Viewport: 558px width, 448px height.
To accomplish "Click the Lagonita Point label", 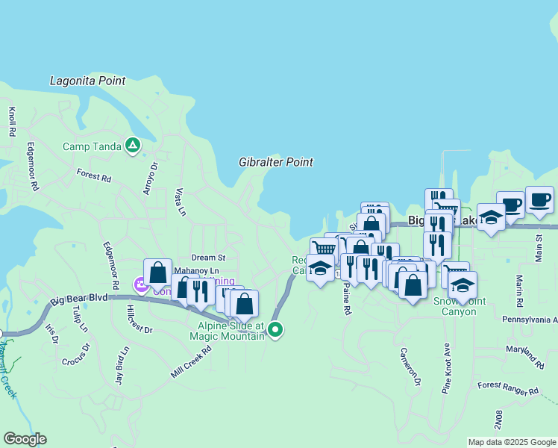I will click(87, 81).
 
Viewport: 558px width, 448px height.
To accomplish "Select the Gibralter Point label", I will click(276, 162).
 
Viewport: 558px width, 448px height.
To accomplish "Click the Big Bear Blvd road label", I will click(80, 301).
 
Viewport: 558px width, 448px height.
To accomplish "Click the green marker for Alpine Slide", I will click(276, 329).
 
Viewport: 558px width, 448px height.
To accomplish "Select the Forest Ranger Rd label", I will click(508, 388).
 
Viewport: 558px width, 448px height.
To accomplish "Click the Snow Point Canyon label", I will click(455, 306).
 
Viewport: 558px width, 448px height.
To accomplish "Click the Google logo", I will click(25, 439).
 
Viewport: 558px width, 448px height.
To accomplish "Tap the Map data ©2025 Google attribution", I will click(512, 442).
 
